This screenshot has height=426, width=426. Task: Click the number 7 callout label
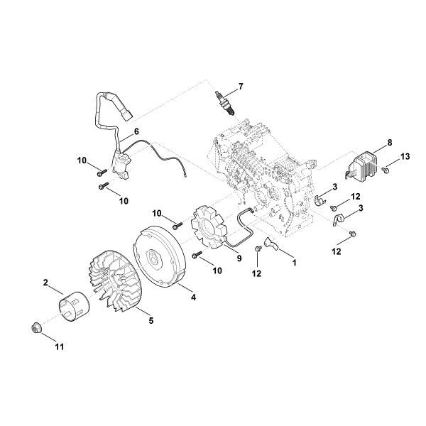pyautogui.click(x=240, y=87)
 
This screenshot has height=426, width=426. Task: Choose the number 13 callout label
pyautogui.click(x=405, y=155)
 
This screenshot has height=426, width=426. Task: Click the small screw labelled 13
pyautogui.click(x=384, y=170)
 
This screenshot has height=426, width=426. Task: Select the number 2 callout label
pyautogui.click(x=46, y=283)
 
